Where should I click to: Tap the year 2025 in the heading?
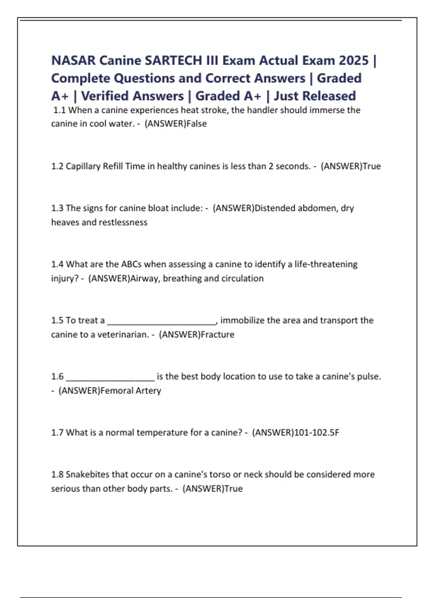(353, 61)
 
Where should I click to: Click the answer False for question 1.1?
(197, 124)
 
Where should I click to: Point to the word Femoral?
(116, 391)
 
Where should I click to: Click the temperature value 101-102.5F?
(316, 433)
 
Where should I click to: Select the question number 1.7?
(57, 433)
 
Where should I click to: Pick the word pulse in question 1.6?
(369, 377)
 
